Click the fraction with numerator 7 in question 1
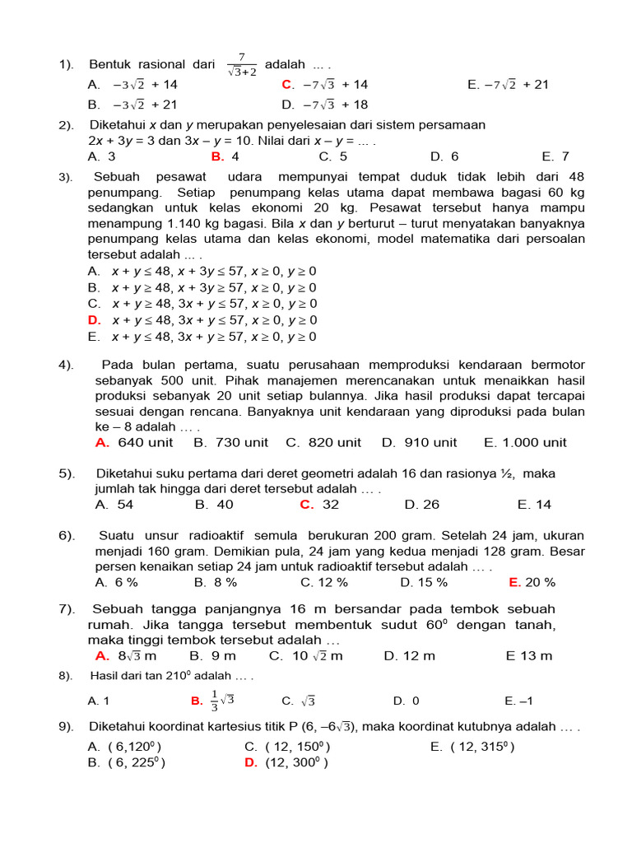click(242, 64)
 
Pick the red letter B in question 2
click(216, 156)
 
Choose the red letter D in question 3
click(93, 320)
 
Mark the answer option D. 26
click(422, 505)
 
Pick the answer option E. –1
click(519, 701)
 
